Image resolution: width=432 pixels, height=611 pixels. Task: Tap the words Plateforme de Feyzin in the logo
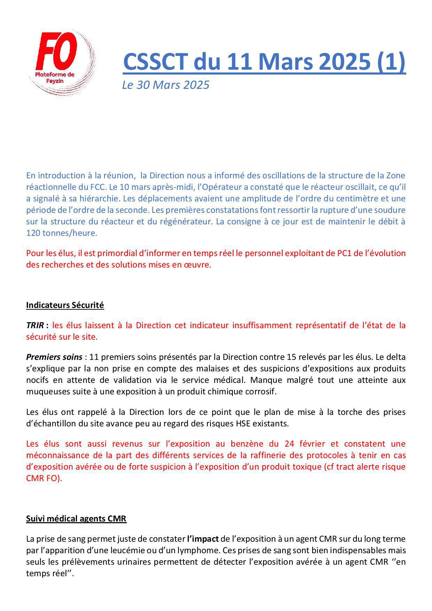coord(55,77)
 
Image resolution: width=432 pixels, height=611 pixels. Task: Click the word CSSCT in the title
coord(155,62)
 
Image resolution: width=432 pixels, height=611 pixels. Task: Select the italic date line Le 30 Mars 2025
coord(165,85)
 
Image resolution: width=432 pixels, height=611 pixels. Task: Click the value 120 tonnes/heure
coord(61,233)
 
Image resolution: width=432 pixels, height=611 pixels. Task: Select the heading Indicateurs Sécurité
coord(65,305)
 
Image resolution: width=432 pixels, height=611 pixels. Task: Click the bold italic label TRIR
coord(34,325)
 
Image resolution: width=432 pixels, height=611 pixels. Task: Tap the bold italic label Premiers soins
coord(54,357)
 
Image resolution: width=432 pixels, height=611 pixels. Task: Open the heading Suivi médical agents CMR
coord(76,519)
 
